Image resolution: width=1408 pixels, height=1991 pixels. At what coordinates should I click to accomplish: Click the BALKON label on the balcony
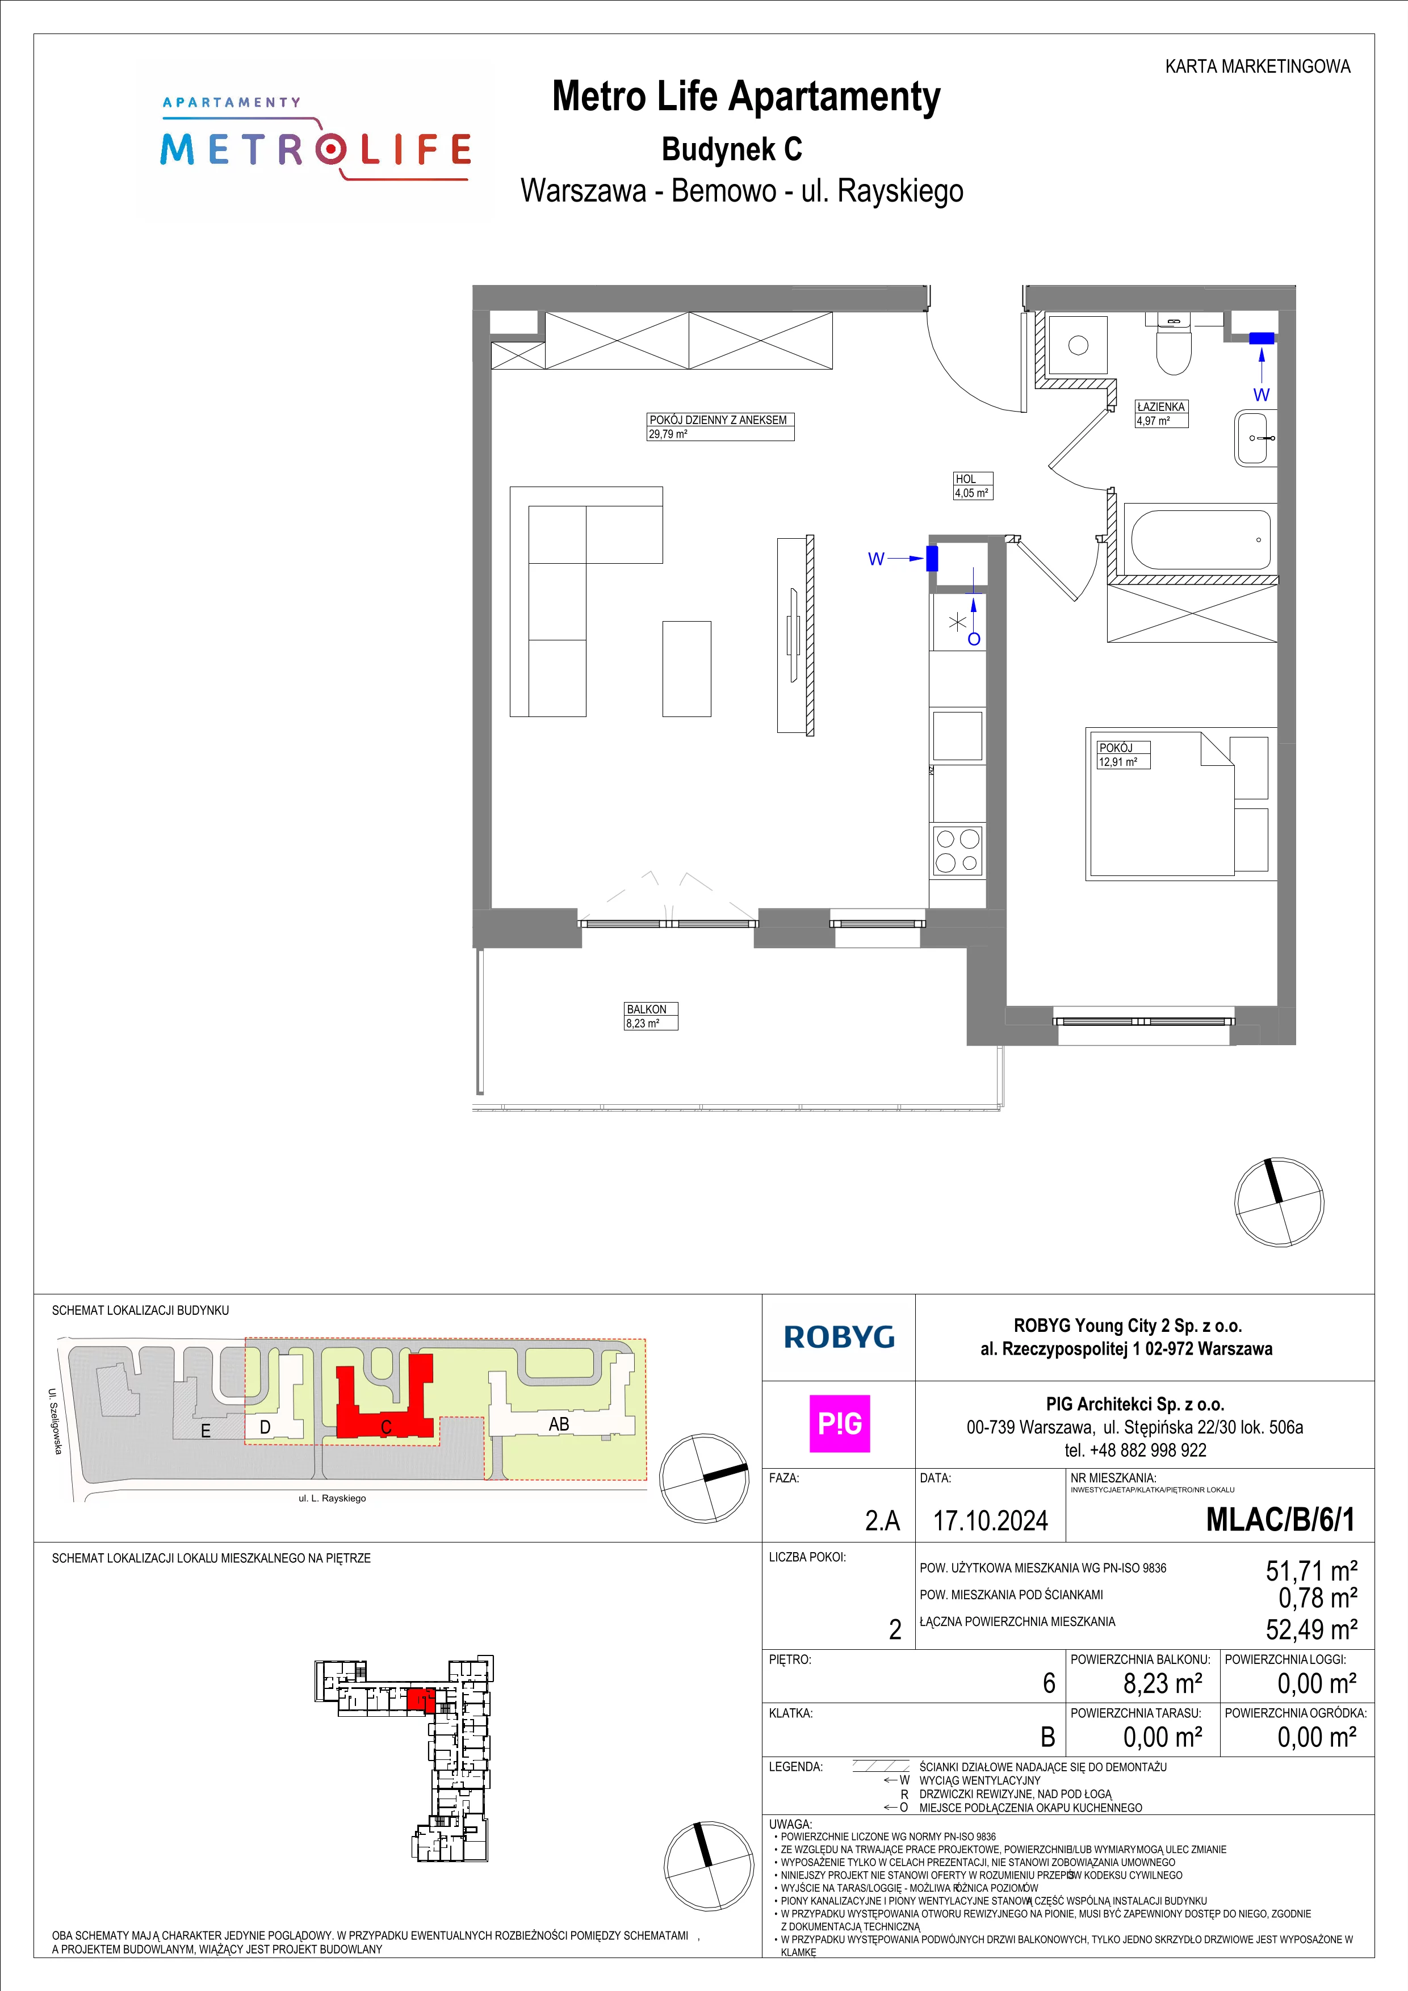(x=647, y=1009)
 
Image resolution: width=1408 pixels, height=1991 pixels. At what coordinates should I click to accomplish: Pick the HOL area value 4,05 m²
(x=972, y=493)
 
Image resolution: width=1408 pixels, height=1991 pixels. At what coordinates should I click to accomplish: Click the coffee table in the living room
(x=686, y=669)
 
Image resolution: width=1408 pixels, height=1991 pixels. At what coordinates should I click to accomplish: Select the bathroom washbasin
(x=1255, y=438)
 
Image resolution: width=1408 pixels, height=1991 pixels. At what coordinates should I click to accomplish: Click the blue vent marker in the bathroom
(x=1262, y=338)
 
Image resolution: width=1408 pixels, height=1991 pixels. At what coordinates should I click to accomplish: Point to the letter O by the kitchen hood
(x=974, y=639)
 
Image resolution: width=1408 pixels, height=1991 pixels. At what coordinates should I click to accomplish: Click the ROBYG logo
(x=839, y=1337)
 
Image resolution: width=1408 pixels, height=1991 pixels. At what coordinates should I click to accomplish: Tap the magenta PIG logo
(x=839, y=1423)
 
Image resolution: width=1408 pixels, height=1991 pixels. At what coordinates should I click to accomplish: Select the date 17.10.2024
(x=990, y=1520)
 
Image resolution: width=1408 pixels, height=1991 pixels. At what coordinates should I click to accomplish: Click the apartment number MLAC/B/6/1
(x=1280, y=1519)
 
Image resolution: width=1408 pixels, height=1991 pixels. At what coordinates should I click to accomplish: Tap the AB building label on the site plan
(x=559, y=1424)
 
